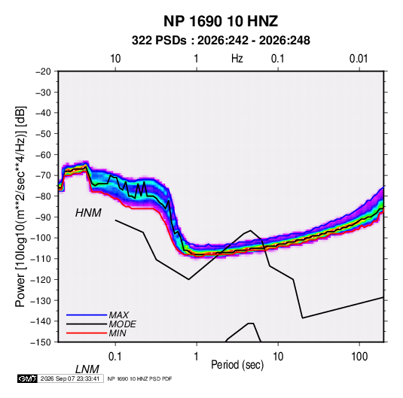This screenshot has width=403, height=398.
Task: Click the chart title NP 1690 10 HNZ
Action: tap(221, 21)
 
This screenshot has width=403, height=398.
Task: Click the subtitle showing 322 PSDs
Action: tap(221, 41)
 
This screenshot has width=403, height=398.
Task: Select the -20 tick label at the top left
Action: tap(43, 71)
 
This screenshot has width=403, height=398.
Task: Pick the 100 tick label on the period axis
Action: tap(359, 357)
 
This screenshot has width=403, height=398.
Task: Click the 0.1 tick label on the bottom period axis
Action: tap(115, 357)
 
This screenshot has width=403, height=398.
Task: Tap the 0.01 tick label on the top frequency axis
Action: tap(359, 59)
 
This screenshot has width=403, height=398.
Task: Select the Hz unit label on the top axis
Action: tap(237, 59)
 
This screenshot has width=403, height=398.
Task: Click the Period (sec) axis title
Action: tap(237, 365)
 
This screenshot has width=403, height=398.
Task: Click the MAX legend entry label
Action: tap(119, 314)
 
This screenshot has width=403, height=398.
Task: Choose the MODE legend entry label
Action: tap(122, 324)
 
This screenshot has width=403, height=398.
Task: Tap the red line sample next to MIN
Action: tap(87, 333)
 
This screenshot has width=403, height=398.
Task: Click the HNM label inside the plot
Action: tap(88, 213)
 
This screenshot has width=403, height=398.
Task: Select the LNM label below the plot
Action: tap(87, 369)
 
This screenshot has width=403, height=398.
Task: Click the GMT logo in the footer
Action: tap(28, 378)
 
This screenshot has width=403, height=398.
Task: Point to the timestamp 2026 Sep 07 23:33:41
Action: tap(70, 378)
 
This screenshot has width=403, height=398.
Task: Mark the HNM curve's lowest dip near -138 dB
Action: tap(303, 318)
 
